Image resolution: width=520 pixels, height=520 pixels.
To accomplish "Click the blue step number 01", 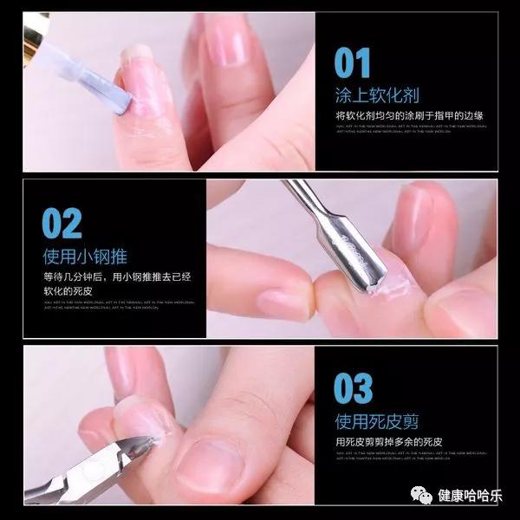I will coord(353,62).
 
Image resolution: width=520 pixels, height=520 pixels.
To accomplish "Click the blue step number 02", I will coord(62,224).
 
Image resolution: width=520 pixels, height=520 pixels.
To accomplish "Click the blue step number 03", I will coord(354,389).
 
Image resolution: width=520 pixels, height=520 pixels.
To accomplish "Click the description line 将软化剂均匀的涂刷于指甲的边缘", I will coord(410,115).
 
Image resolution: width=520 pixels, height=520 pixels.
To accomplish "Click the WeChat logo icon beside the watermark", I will coord(422,496).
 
